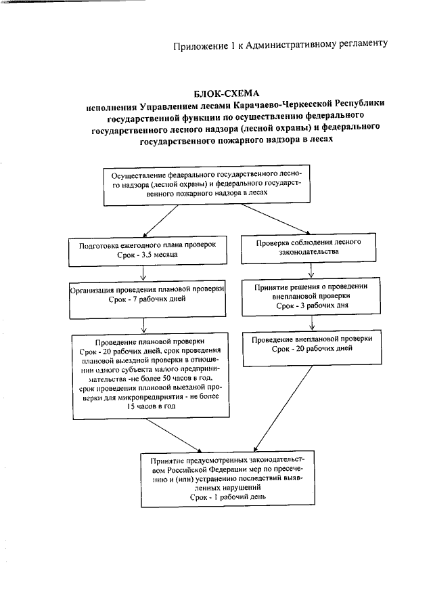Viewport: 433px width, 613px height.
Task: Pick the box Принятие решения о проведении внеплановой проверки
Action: point(310,297)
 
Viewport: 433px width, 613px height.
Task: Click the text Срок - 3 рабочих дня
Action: point(311,307)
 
